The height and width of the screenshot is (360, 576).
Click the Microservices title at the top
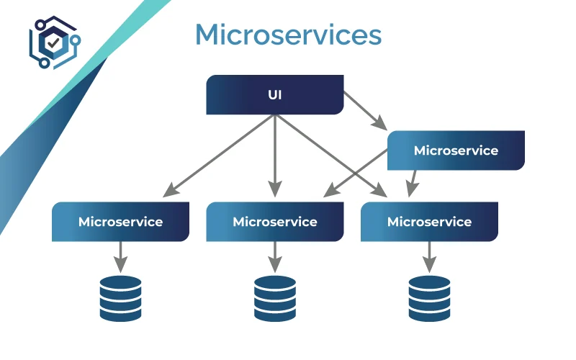pyautogui.click(x=288, y=35)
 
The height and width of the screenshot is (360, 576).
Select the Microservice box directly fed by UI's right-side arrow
pyautogui.click(x=455, y=150)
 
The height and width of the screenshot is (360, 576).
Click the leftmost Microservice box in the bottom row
pyautogui.click(x=120, y=222)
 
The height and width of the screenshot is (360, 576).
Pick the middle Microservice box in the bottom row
pyautogui.click(x=274, y=222)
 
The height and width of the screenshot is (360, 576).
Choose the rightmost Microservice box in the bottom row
pyautogui.click(x=429, y=222)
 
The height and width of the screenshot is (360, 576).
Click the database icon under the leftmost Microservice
pyautogui.click(x=120, y=297)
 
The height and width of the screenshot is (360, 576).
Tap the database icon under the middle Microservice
pyautogui.click(x=274, y=297)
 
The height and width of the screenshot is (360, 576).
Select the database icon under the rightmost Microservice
pyautogui.click(x=429, y=297)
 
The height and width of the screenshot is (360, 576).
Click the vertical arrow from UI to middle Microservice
pyautogui.click(x=274, y=155)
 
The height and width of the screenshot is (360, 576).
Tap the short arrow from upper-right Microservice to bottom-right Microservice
pyautogui.click(x=413, y=182)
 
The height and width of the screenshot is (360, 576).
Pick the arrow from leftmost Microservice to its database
pyautogui.click(x=120, y=254)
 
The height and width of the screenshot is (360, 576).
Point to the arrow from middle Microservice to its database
pyautogui.click(x=274, y=254)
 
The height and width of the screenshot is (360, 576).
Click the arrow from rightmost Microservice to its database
pyautogui.click(x=429, y=254)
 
